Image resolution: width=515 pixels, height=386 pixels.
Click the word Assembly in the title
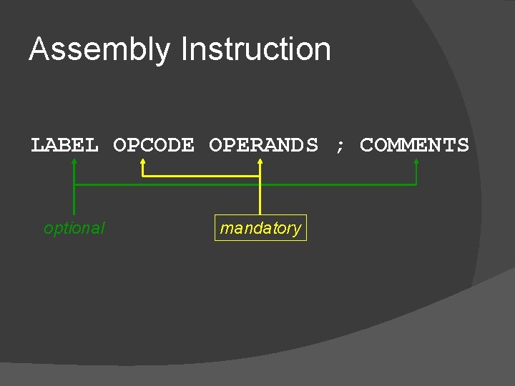tap(99, 50)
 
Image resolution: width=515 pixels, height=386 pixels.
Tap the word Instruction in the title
tap(256, 50)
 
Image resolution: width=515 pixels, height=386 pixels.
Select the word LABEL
tap(64, 145)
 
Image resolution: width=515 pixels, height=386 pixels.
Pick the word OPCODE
tap(153, 145)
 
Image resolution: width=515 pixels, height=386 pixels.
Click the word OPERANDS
tap(263, 145)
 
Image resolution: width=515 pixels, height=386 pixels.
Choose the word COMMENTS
tap(414, 145)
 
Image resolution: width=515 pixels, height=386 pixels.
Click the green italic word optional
tap(74, 228)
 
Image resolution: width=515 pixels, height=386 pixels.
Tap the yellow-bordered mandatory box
tap(260, 228)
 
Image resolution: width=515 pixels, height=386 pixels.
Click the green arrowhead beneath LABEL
tap(74, 162)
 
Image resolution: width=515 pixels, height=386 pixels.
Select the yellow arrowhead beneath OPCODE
tap(142, 162)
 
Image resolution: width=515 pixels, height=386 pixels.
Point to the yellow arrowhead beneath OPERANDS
tap(260, 162)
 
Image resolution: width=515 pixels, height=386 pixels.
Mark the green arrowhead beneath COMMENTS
tap(416, 162)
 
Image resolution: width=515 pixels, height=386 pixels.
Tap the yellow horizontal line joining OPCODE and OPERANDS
tap(200, 175)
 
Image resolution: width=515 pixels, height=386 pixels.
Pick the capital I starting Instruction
tap(185, 50)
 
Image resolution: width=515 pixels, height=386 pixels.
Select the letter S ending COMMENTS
tap(462, 145)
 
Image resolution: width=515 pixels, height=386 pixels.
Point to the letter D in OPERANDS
tap(298, 145)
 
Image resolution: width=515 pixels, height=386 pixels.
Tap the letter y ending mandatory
tap(297, 229)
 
